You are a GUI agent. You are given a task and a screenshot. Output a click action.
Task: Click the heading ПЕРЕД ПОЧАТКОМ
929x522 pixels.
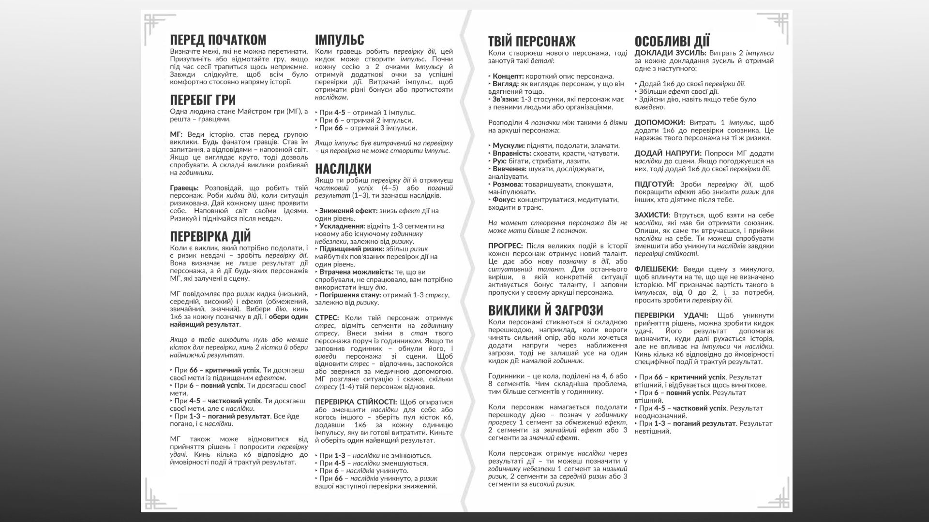pyautogui.click(x=218, y=40)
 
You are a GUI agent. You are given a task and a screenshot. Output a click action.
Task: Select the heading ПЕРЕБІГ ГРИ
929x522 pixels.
pyautogui.click(x=203, y=100)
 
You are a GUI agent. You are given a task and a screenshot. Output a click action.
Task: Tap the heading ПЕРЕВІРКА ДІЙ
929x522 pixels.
pyautogui.click(x=210, y=236)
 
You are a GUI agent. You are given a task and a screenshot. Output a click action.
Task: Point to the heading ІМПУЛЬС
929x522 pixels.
pyautogui.click(x=339, y=40)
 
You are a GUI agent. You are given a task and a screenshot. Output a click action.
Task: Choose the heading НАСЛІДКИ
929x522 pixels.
pyautogui.click(x=343, y=169)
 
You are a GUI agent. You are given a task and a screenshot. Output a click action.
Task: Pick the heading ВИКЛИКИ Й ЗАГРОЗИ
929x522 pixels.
pyautogui.click(x=545, y=310)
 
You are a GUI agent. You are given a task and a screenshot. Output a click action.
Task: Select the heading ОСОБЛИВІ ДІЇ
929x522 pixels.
pyautogui.click(x=672, y=41)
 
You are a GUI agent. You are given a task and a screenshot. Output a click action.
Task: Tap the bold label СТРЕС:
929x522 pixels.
pyautogui.click(x=327, y=318)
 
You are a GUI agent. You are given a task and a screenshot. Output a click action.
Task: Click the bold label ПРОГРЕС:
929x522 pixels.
pyautogui.click(x=505, y=246)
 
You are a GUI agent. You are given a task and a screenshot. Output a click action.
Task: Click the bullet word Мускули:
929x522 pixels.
pyautogui.click(x=509, y=145)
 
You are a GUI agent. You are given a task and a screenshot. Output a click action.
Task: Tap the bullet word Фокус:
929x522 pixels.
pyautogui.click(x=505, y=200)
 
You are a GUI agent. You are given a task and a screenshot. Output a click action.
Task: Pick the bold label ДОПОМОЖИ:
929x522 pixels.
pyautogui.click(x=659, y=123)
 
